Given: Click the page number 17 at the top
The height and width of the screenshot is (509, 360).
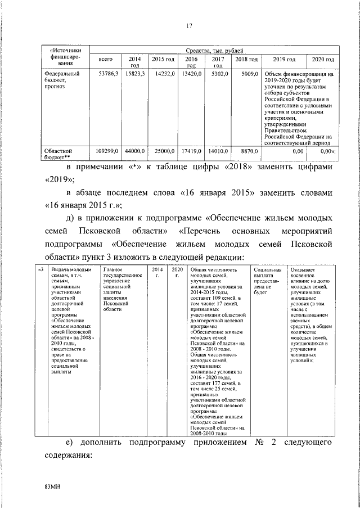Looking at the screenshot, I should pos(188,25).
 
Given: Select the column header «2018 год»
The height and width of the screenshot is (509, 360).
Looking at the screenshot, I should pos(246,59).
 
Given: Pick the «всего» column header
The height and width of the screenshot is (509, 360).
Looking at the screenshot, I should pos(106,59).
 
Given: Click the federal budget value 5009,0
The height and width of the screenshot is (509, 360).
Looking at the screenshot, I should pos(248,74).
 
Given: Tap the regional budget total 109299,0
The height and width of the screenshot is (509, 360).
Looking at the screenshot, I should pos(106,151).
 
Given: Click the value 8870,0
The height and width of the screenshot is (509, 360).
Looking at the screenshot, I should pos(248,151).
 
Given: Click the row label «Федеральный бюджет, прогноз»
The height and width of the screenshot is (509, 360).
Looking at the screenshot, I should pos(62,80).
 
